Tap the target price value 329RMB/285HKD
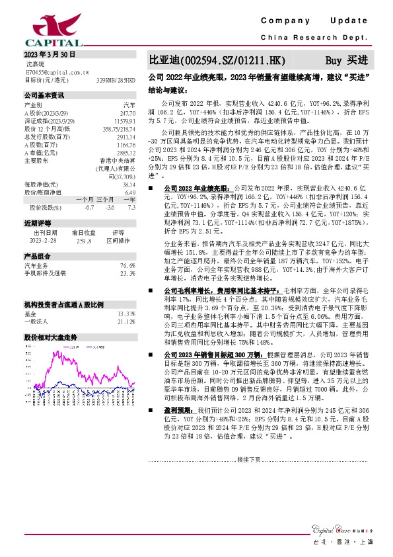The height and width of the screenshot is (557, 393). [117, 79]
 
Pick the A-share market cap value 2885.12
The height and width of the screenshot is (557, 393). [125, 153]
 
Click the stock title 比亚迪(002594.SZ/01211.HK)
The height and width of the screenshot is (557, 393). [219, 60]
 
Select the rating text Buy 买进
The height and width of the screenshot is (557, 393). [349, 60]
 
